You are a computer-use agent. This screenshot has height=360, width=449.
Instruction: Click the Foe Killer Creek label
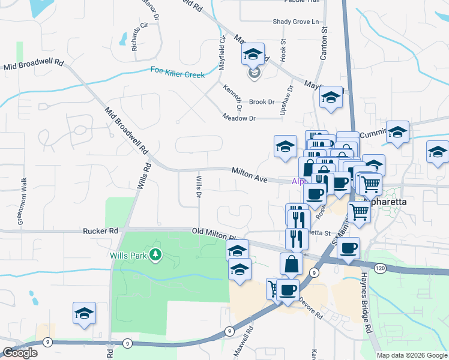click(178, 74)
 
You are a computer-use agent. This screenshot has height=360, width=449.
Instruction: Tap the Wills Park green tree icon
click(156, 255)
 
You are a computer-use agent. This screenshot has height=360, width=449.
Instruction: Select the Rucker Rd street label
click(100, 230)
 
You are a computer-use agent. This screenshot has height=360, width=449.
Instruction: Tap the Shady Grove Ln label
click(296, 22)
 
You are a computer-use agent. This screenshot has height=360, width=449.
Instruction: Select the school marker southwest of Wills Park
click(84, 313)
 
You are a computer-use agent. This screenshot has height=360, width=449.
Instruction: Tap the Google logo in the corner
click(20, 353)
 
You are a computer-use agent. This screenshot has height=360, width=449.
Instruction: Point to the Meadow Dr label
click(239, 118)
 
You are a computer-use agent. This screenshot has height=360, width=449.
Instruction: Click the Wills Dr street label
click(198, 185)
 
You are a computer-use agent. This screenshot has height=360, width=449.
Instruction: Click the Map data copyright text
click(412, 355)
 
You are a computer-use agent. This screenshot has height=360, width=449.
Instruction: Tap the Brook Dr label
click(262, 103)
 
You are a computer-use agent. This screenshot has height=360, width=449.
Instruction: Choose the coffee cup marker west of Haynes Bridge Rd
click(348, 247)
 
